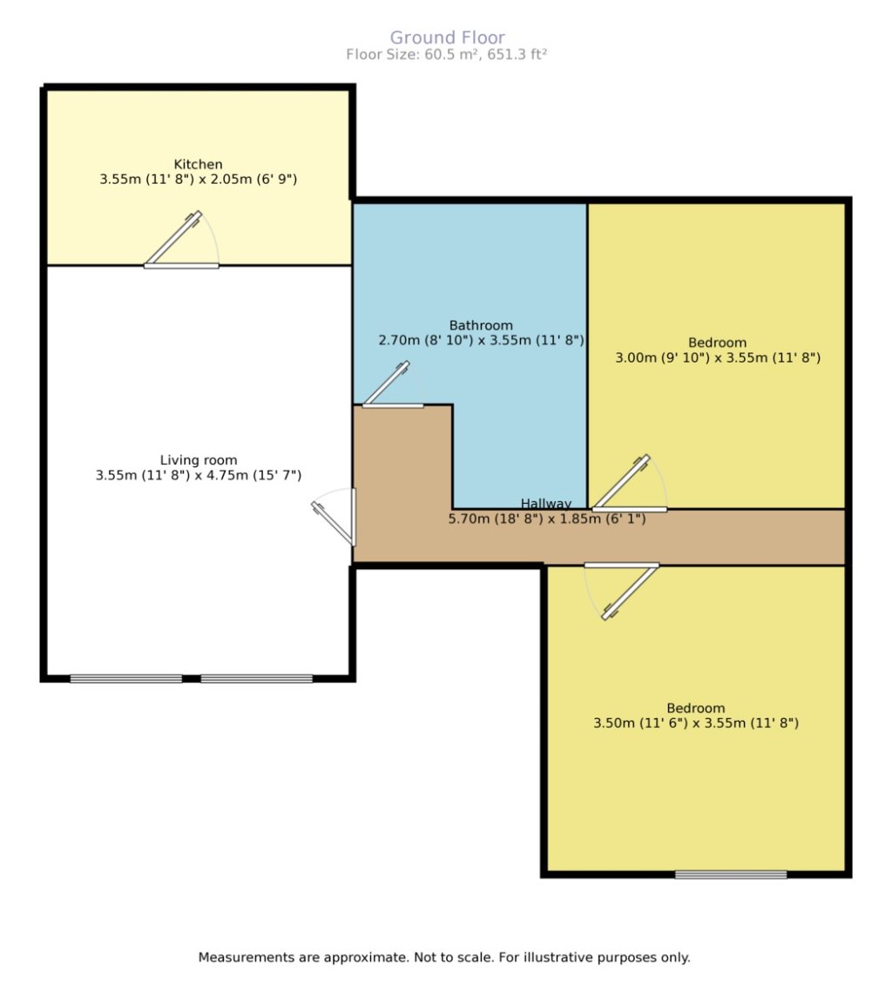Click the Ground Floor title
tap(446, 37)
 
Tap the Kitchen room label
tap(199, 164)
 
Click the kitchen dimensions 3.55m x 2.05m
tap(199, 179)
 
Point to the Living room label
tap(199, 460)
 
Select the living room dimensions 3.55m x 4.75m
tap(199, 475)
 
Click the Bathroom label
tap(481, 325)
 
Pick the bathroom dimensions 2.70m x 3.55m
tap(481, 340)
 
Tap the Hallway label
tap(546, 503)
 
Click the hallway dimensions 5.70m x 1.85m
tap(546, 518)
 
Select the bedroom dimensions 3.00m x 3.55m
tap(718, 357)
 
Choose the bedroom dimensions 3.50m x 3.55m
tap(696, 723)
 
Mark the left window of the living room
tap(126, 678)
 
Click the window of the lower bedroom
tap(731, 874)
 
